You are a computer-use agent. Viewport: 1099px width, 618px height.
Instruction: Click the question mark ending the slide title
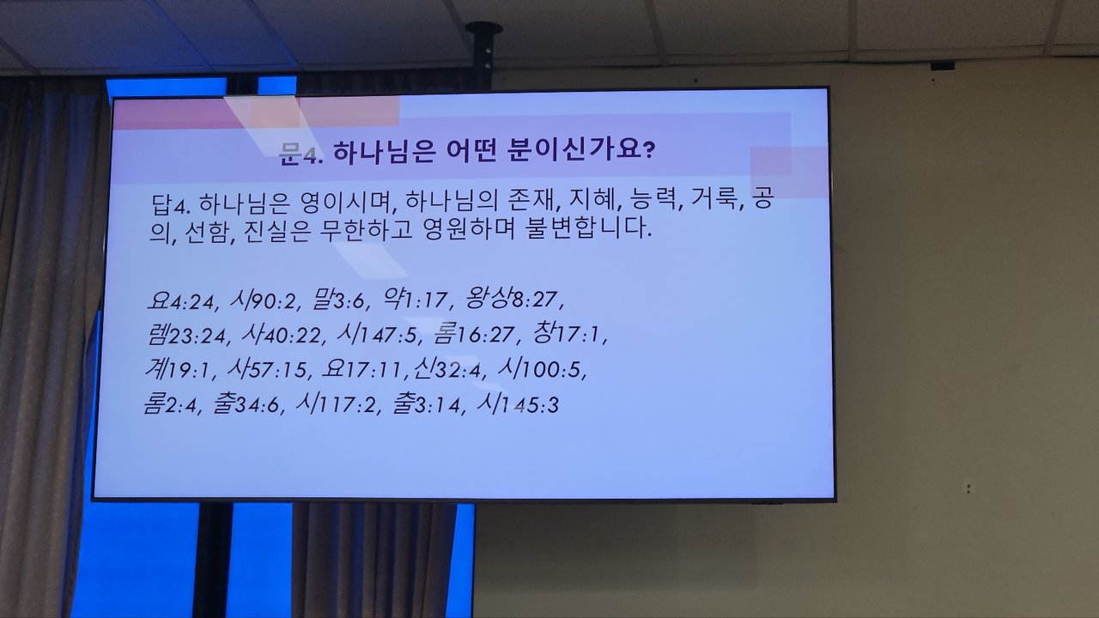[648, 150]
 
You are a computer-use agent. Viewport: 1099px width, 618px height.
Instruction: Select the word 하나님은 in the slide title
[385, 152]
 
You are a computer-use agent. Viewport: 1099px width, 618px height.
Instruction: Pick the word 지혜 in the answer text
[594, 198]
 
